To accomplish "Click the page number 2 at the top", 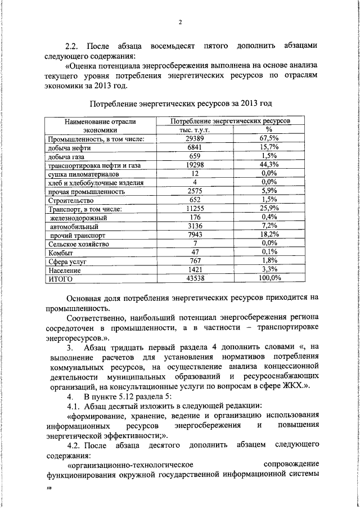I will tap(180, 22).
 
